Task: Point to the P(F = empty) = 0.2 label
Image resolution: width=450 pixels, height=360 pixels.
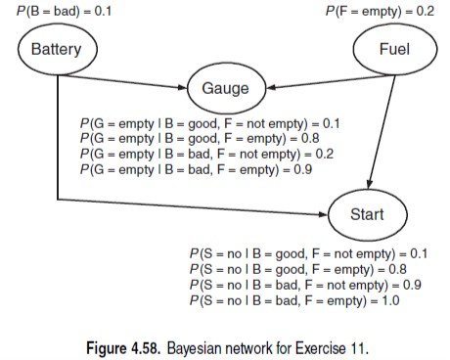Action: pos(379,11)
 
